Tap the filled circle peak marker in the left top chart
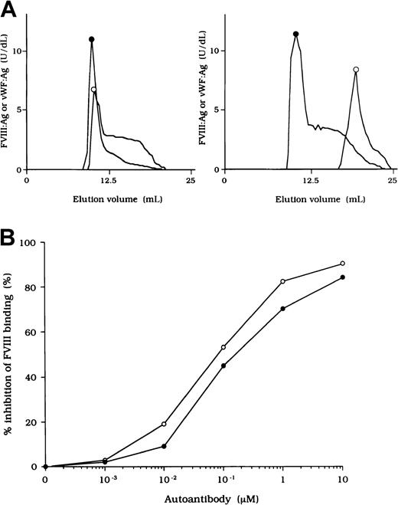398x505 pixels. pos(92,39)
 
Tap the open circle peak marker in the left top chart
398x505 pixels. pos(94,90)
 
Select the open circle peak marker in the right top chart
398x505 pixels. pos(356,70)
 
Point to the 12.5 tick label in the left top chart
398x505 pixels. pos(109,181)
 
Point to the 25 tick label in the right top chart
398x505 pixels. pos(391,181)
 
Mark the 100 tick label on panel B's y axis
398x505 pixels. pos(30,242)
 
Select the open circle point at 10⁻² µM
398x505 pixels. pos(164,424)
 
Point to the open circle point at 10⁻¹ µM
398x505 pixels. pos(223,347)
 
